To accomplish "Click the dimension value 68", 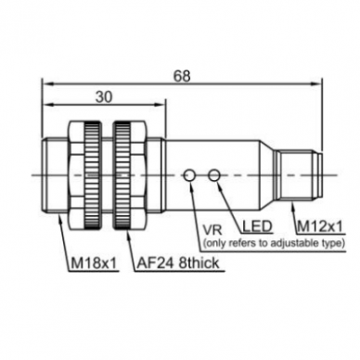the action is tap(182, 76).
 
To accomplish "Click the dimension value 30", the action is tap(104, 97).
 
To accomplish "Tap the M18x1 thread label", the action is tap(94, 264).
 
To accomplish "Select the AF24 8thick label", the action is tap(178, 264).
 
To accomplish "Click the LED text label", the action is tap(257, 226).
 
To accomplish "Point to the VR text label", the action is tap(212, 230).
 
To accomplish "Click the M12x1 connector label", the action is tap(320, 227).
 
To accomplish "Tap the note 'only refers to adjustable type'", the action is tap(274, 243).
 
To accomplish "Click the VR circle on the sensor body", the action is tap(189, 175).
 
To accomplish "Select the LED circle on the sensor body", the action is tap(214, 175).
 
